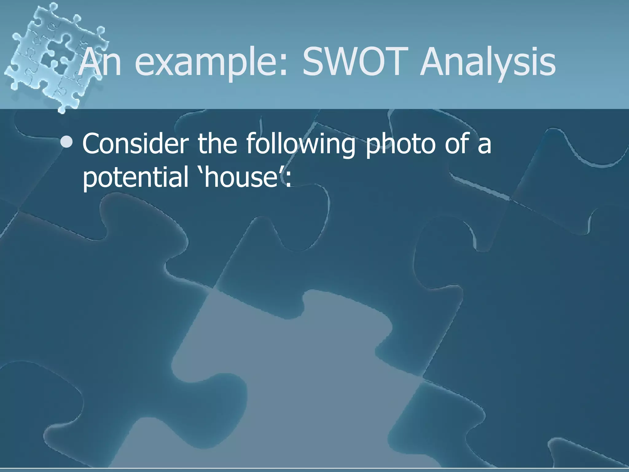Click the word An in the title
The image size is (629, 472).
[x=100, y=63]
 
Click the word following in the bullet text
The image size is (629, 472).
[x=301, y=144]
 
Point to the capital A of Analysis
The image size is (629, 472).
[x=435, y=63]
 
